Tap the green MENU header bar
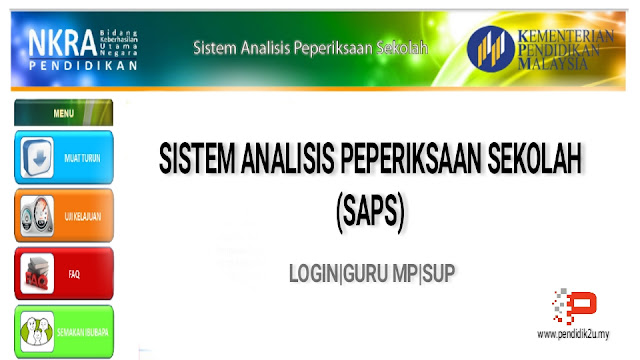coord(63,113)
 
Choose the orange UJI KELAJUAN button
coord(64,215)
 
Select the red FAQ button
coord(64,272)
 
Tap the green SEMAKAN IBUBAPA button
coord(64,331)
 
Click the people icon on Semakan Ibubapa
coord(37,331)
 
